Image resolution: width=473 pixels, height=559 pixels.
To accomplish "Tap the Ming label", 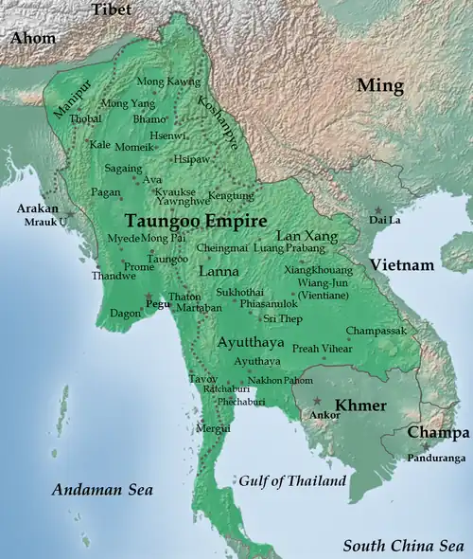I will click(379, 86).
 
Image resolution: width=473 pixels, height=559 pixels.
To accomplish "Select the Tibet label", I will click(113, 9).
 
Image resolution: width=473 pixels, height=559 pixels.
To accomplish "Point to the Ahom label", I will click(33, 39).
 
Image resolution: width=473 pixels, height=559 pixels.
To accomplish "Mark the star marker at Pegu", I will click(147, 298).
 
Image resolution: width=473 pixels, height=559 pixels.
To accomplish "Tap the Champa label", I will click(438, 432).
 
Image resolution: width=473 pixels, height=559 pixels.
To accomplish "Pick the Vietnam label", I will click(402, 264).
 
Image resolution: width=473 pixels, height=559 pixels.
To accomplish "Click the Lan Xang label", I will click(303, 235).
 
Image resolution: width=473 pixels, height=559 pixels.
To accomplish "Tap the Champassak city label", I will click(377, 332).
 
